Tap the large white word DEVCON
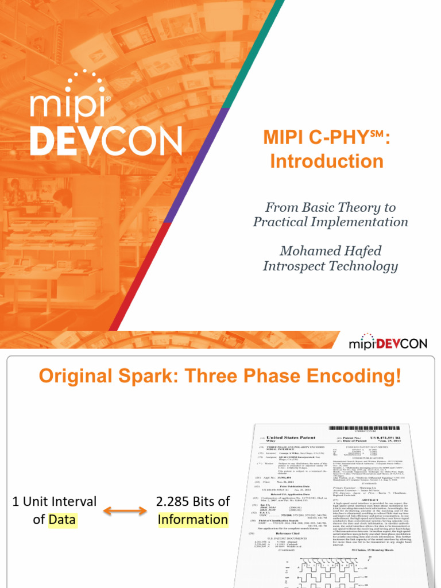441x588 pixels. (x=106, y=141)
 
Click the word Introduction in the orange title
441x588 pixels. (x=326, y=161)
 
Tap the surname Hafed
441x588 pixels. (x=361, y=251)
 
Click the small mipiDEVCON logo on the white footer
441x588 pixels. (x=388, y=343)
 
